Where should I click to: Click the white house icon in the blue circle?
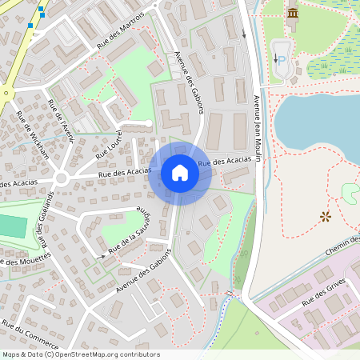click(179, 173)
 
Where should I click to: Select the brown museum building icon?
click(293, 13)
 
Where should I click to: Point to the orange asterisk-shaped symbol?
click(325, 216)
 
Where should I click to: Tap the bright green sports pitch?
click(11, 226)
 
